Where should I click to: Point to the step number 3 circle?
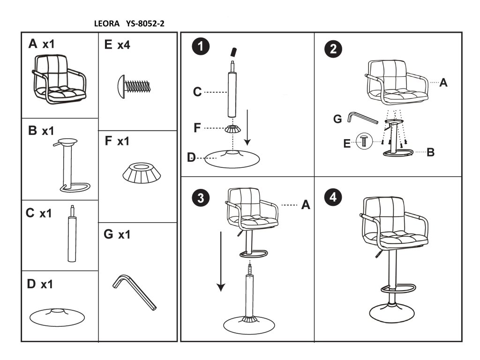tap(201, 198)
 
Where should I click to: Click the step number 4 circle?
tap(333, 197)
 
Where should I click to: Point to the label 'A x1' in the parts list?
tap(41, 45)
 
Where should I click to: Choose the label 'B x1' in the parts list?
tap(41, 131)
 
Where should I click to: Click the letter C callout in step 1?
tap(197, 92)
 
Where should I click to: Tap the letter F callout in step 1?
tap(197, 127)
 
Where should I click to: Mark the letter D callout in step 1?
tap(191, 158)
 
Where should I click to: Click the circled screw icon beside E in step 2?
tap(364, 140)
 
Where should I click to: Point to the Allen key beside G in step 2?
tap(362, 117)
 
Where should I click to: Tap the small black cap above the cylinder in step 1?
tap(233, 51)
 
